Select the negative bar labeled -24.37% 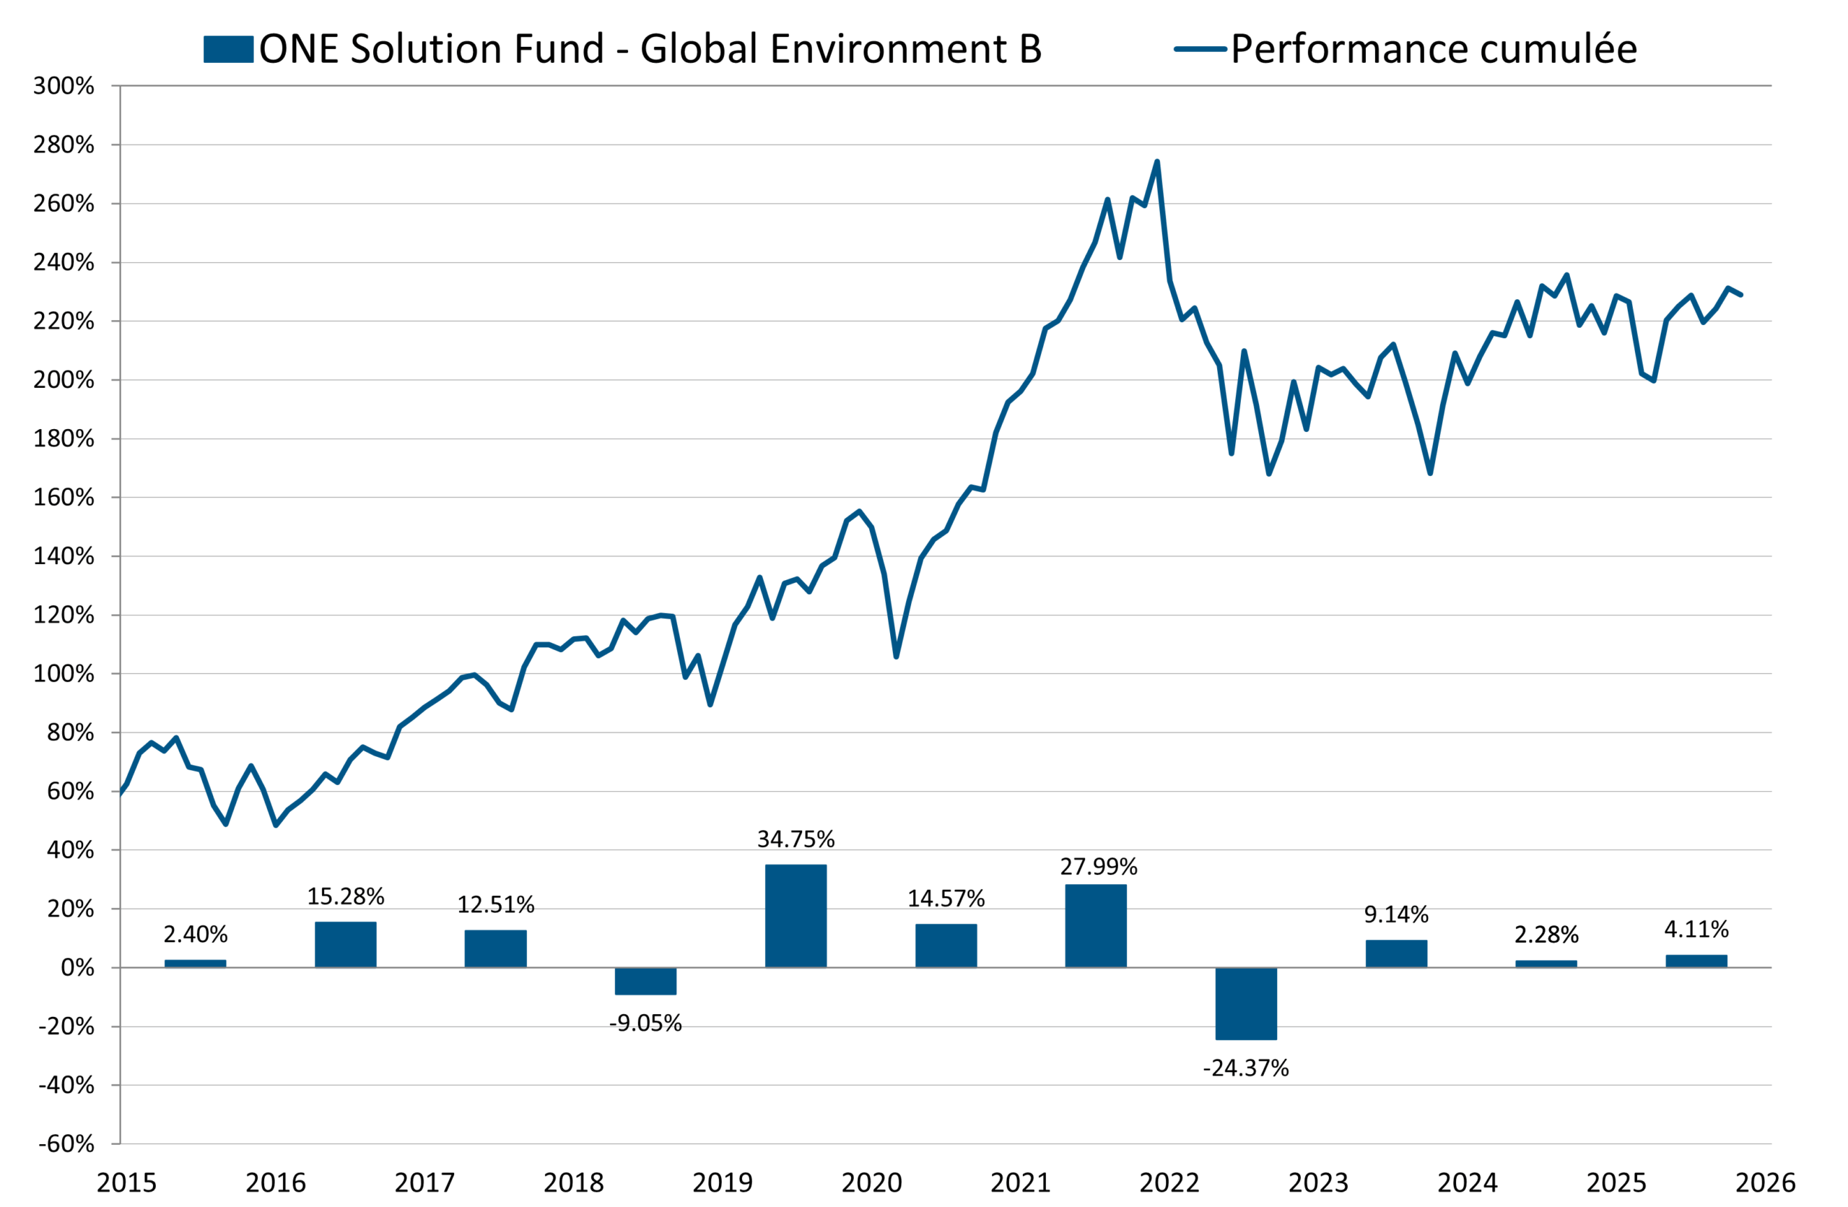(1245, 1003)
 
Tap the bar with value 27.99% (1095, 926)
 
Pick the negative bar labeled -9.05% (645, 980)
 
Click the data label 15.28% (346, 896)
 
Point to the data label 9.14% (1396, 914)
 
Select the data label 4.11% (1696, 929)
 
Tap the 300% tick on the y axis (64, 86)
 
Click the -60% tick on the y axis (67, 1143)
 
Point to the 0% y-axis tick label (78, 968)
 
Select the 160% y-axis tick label (64, 497)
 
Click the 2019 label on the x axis (722, 1183)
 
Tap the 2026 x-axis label (1765, 1183)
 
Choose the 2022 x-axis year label (1169, 1183)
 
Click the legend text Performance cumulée (1434, 49)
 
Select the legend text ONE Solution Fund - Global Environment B (650, 49)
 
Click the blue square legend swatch (228, 49)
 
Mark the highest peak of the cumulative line (1157, 162)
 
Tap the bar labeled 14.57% (946, 946)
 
